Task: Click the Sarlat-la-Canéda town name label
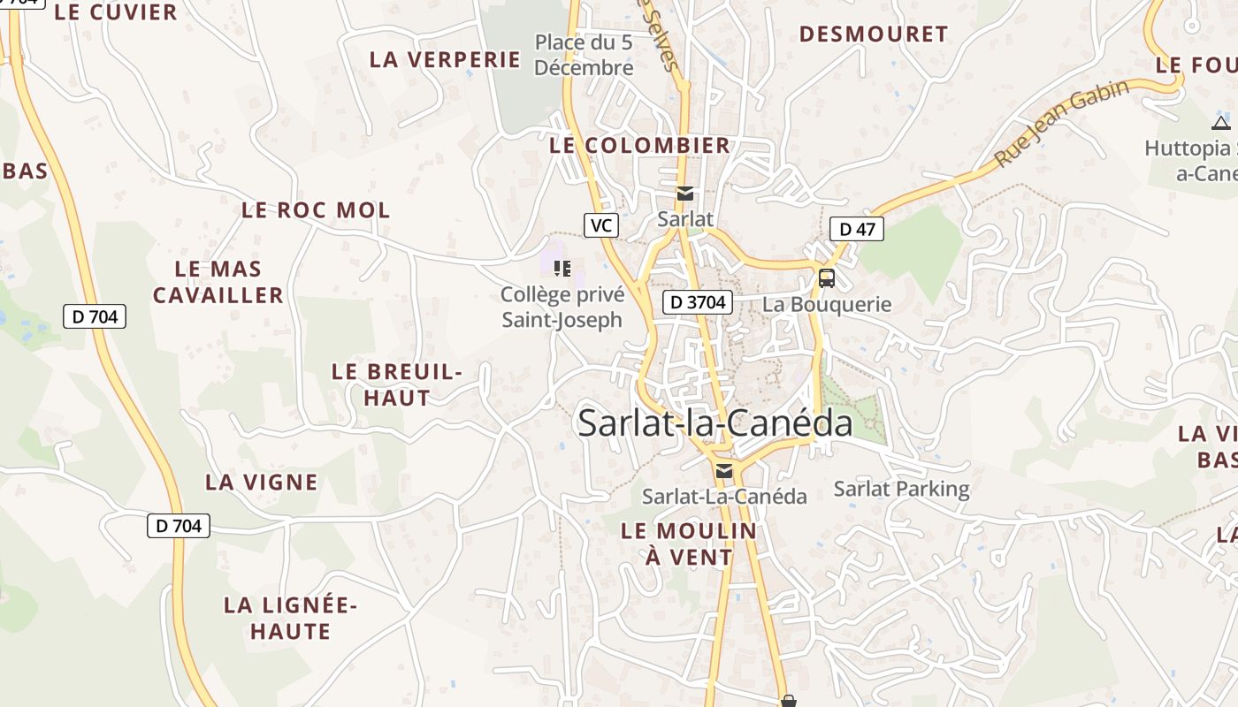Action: (x=715, y=424)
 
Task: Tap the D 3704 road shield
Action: (x=698, y=302)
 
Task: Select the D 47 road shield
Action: (x=856, y=230)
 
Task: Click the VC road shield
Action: (x=600, y=225)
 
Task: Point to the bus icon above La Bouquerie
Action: (x=826, y=278)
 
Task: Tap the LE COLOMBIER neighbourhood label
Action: (x=639, y=146)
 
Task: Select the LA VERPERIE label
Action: (x=445, y=60)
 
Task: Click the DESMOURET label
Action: (x=873, y=34)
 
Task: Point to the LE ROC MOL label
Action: (x=316, y=210)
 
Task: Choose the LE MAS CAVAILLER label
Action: (x=218, y=282)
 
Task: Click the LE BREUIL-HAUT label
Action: (x=397, y=384)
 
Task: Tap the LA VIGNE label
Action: (x=261, y=483)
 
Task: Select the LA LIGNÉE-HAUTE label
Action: (x=290, y=618)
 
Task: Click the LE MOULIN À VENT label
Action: (x=689, y=544)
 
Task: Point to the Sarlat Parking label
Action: (x=901, y=489)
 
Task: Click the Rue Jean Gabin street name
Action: (x=1062, y=124)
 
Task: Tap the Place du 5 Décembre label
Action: (x=584, y=54)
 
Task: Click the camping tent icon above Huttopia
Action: (x=1220, y=123)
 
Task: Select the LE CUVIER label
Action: (x=116, y=12)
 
